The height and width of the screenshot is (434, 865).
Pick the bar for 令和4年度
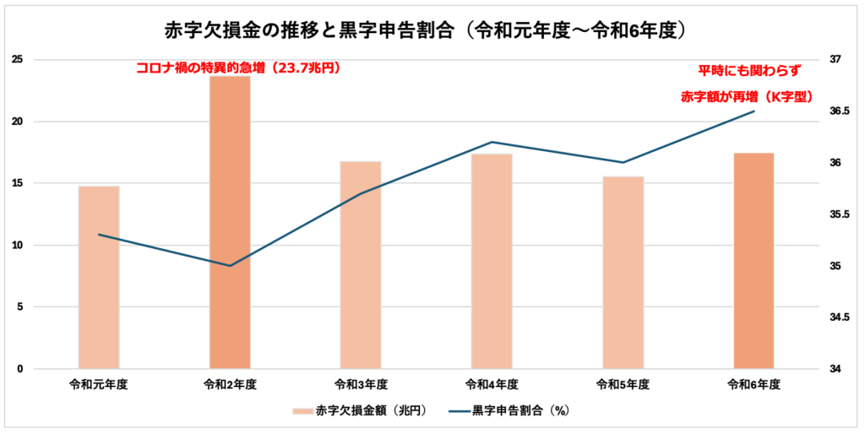pos(492,261)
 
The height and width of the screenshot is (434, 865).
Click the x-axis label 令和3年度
pos(361,384)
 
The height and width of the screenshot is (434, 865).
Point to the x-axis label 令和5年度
pos(623,384)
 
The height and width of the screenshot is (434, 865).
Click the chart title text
pos(432,30)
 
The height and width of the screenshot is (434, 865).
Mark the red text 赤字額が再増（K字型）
pos(747,96)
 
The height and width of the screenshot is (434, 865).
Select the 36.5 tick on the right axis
pos(838,111)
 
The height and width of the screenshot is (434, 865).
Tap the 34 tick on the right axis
pos(836,369)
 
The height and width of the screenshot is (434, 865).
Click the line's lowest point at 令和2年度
pos(230,266)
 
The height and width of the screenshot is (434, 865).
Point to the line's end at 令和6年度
pos(753,111)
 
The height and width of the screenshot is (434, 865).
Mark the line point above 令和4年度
pos(492,142)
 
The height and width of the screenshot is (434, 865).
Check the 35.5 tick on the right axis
pos(838,214)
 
